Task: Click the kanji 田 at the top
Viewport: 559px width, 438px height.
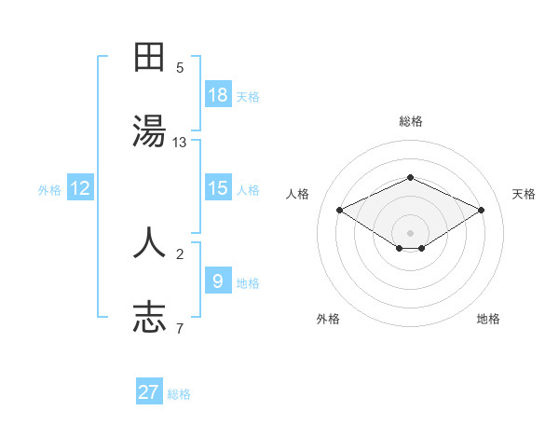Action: [x=149, y=58]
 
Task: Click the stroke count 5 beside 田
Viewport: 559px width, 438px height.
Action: [x=180, y=67]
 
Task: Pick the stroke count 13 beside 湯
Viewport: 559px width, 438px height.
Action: [x=180, y=143]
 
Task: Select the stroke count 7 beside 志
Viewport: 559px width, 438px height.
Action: [x=180, y=328]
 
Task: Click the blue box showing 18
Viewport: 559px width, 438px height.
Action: [x=218, y=94]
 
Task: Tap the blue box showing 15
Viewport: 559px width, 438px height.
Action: [x=218, y=187]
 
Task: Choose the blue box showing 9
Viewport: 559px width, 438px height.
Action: [x=218, y=281]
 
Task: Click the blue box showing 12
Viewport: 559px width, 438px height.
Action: [x=80, y=188]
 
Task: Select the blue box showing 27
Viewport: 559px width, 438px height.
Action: [x=149, y=392]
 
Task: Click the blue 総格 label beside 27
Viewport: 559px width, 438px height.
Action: [x=179, y=394]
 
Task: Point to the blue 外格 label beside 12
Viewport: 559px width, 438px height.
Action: [x=49, y=190]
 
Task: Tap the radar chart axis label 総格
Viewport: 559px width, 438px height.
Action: [x=410, y=121]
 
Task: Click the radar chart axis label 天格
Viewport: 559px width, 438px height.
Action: [x=524, y=194]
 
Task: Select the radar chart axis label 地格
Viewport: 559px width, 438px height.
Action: [x=488, y=319]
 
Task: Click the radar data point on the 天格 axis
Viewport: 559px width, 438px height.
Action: [x=481, y=210]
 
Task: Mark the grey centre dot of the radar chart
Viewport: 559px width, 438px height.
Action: [x=410, y=231]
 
